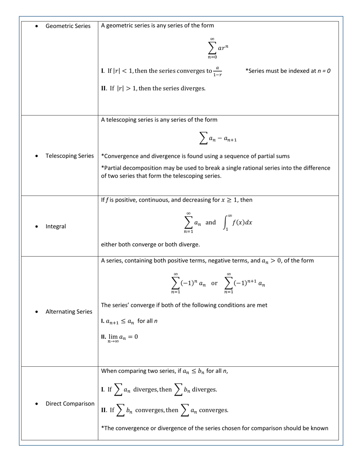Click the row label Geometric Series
[68, 26]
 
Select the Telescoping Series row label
[69, 156]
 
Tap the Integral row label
[56, 227]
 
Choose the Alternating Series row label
[69, 312]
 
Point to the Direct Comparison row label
[70, 404]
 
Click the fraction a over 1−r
[217, 71]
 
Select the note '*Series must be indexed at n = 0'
[288, 71]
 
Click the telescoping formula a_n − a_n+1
[218, 139]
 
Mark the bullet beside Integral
[36, 227]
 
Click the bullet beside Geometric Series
[36, 26]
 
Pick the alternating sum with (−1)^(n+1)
[244, 283]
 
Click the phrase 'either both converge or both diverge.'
[150, 245]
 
